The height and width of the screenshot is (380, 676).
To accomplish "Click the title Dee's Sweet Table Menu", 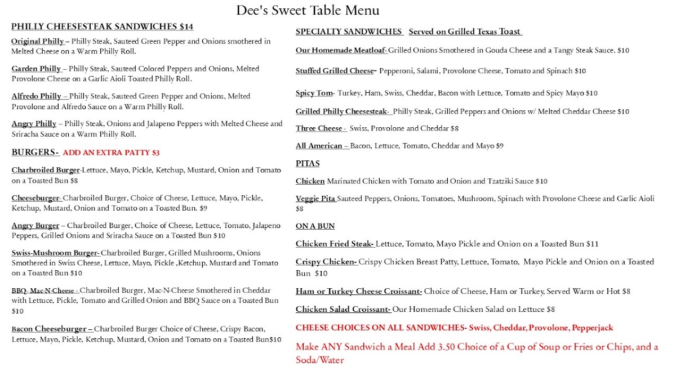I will tap(307, 11).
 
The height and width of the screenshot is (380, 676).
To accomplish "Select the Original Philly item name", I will tap(38, 42).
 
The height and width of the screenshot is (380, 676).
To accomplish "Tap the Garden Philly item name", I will tap(36, 69).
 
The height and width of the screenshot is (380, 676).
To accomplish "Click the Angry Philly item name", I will tap(34, 124).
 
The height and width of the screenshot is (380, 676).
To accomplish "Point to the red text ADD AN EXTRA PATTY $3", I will tap(111, 153).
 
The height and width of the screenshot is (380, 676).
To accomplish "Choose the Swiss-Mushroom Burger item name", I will tap(55, 253).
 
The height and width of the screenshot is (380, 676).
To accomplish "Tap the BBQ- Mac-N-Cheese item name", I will tap(43, 290).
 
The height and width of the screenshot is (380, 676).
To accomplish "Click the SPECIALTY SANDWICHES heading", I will tap(349, 32).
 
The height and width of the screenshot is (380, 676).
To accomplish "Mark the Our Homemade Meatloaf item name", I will tap(341, 51).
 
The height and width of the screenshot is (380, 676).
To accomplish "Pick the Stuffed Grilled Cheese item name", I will tap(335, 71).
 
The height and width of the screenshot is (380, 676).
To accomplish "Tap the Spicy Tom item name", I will tap(314, 93).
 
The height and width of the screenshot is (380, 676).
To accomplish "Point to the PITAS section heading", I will tap(308, 164).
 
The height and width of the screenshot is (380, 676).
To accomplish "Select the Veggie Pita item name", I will tap(315, 199).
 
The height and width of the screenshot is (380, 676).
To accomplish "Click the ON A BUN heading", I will tap(315, 226).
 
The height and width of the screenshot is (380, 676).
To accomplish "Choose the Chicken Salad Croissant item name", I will tap(343, 309).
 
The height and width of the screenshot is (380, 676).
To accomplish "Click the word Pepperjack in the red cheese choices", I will tap(591, 328).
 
